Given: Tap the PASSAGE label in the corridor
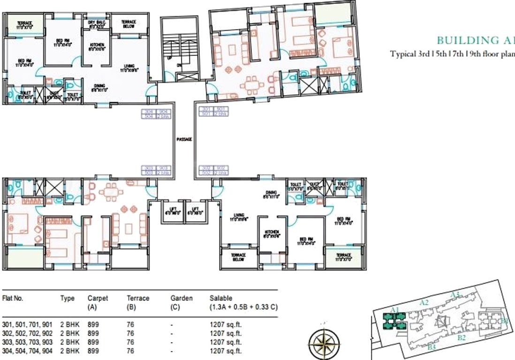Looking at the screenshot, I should tap(184, 139).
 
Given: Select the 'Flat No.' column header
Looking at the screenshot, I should tap(13, 298).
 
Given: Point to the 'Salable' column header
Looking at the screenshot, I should tap(220, 298).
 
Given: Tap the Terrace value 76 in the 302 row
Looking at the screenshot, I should tap(130, 333).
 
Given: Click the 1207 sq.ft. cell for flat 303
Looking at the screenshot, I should tap(226, 342).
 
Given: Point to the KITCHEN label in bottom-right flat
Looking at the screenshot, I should tap(272, 234).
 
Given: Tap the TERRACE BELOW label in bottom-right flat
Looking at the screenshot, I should tap(238, 257).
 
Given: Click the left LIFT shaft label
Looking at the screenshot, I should tap(169, 210).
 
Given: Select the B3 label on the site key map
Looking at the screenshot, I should tap(432, 347).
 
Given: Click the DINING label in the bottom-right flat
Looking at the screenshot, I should tap(271, 194).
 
